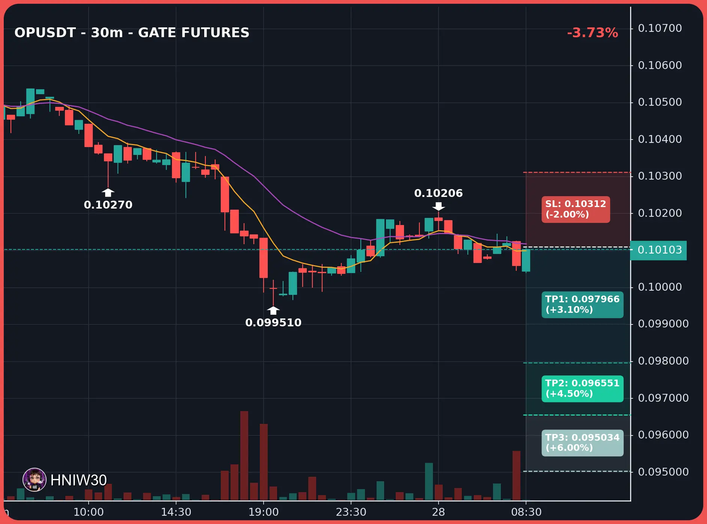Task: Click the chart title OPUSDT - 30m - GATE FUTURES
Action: pos(132,33)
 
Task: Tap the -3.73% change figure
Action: pos(592,33)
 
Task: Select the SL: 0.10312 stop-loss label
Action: pos(576,209)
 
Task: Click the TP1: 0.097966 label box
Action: pos(582,305)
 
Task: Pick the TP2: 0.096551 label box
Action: pos(582,389)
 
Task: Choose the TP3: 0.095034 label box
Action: pos(582,443)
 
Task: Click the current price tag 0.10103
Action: pos(659,250)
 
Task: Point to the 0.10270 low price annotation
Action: pos(108,205)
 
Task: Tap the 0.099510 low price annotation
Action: pos(273,323)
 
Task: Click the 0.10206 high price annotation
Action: pos(439,193)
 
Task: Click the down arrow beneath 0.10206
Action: pos(439,206)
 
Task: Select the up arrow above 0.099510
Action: pos(273,310)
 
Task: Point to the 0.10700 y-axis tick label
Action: pos(660,28)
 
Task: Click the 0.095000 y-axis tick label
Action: pos(663,472)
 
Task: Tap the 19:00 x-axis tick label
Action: pos(264,512)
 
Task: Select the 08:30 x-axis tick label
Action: pos(526,512)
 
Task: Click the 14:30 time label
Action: pos(176,512)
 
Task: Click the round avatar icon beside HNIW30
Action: pos(35,480)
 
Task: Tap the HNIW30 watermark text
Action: pos(78,480)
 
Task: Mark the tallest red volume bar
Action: pos(244,455)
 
